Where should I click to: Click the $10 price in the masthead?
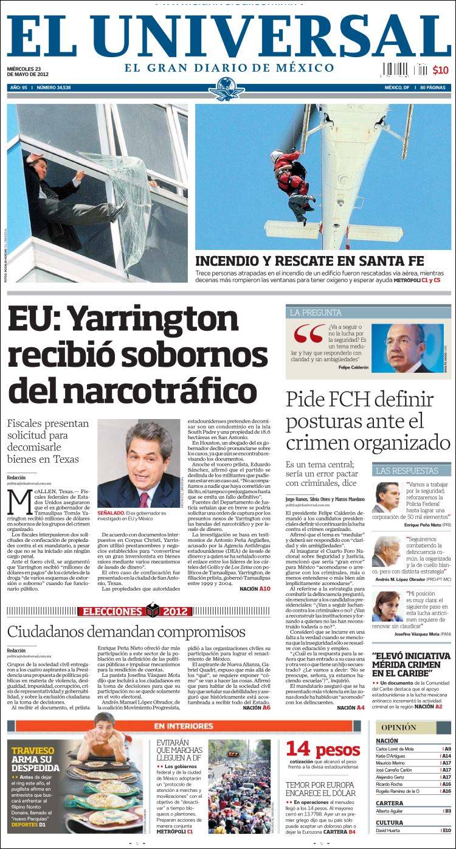point(440,70)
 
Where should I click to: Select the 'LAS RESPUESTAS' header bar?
point(407,470)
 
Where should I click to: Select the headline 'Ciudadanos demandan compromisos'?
point(126,632)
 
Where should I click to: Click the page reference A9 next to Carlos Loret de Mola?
point(447,749)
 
